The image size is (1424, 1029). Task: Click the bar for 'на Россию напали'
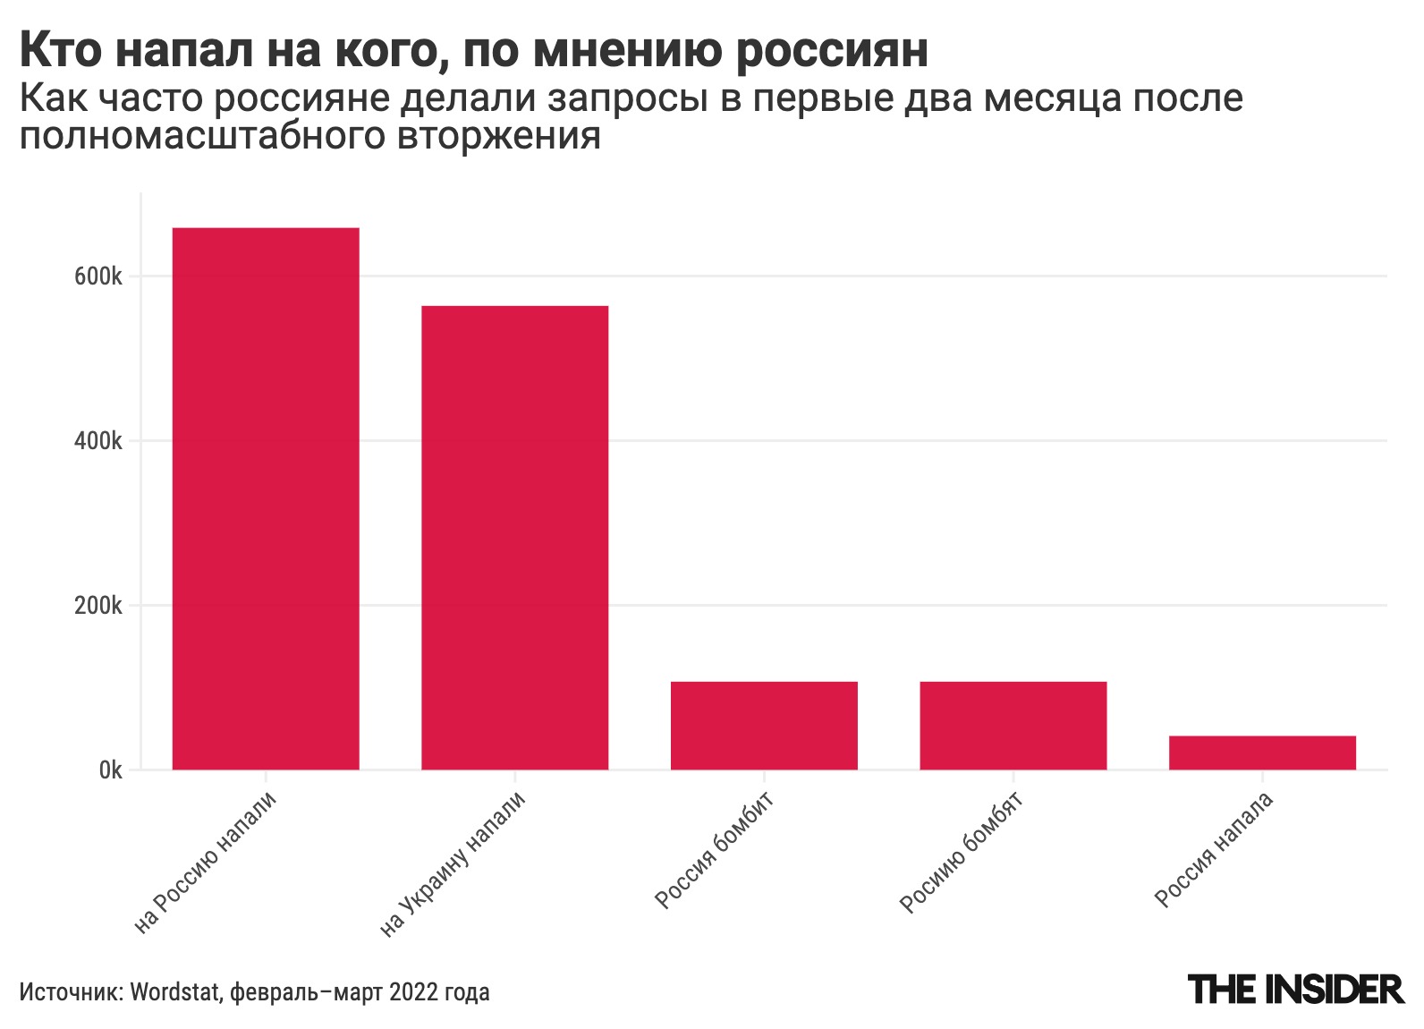pyautogui.click(x=266, y=498)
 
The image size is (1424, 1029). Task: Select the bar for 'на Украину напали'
pyautogui.click(x=514, y=537)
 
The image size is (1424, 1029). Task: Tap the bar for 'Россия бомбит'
pyautogui.click(x=764, y=725)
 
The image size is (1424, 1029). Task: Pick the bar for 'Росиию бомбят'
pyautogui.click(x=1013, y=725)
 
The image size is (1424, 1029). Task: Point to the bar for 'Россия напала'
pyautogui.click(x=1262, y=753)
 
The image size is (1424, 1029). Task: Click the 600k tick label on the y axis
pyautogui.click(x=98, y=276)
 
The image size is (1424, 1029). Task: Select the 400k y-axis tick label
pyautogui.click(x=98, y=441)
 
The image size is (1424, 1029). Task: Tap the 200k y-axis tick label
pyautogui.click(x=98, y=606)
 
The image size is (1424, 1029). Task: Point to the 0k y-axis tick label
pyautogui.click(x=110, y=770)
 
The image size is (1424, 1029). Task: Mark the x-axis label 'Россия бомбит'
pyautogui.click(x=715, y=849)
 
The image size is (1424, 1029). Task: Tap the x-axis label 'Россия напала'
pyautogui.click(x=1214, y=849)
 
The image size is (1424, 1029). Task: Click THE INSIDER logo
pyautogui.click(x=1296, y=990)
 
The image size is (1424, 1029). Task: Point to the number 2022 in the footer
pyautogui.click(x=413, y=992)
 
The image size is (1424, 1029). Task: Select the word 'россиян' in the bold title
pyautogui.click(x=832, y=51)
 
